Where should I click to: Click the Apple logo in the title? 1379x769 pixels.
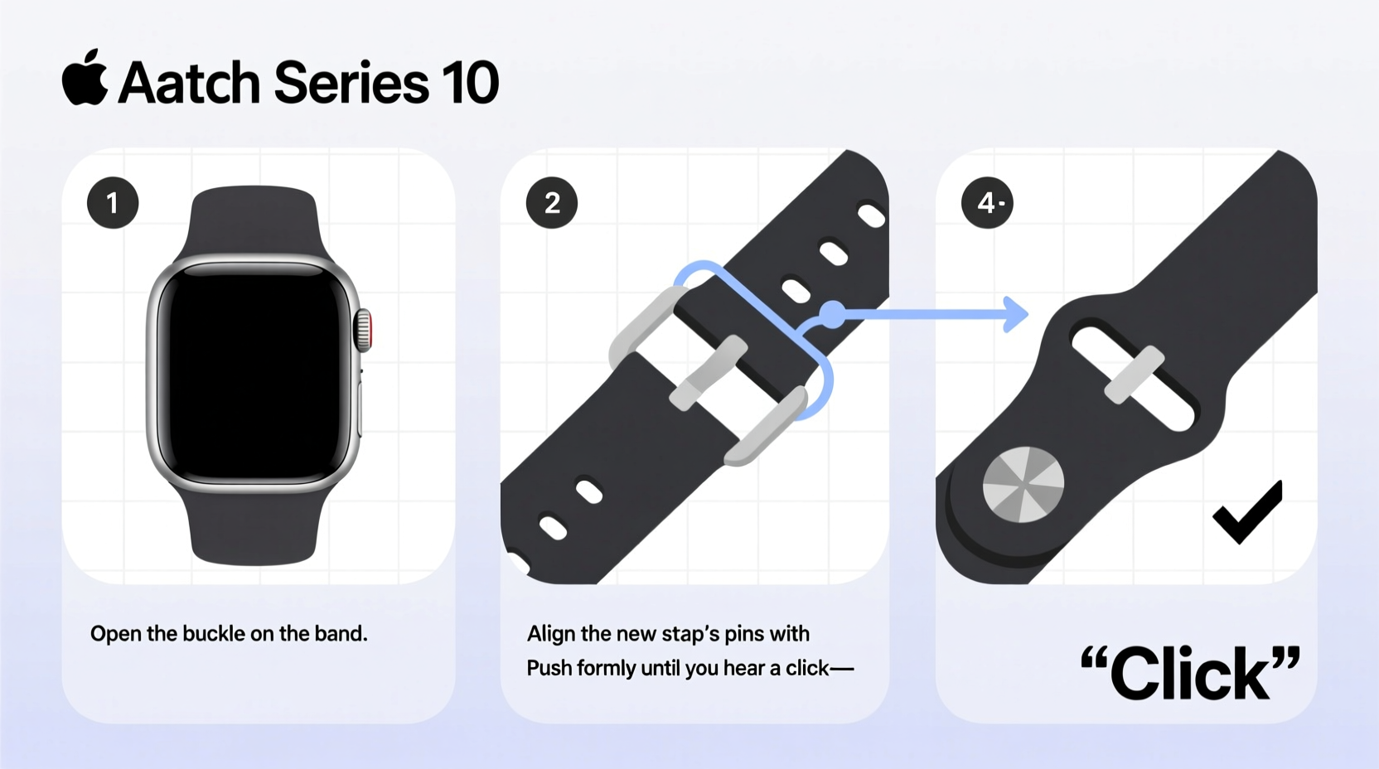(x=85, y=78)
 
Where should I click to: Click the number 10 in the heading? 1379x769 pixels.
(x=470, y=83)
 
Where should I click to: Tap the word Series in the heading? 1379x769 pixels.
(x=351, y=83)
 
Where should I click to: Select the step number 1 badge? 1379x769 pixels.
(x=113, y=203)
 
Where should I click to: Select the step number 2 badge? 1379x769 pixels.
(x=552, y=203)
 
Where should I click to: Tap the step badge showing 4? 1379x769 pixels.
(x=987, y=203)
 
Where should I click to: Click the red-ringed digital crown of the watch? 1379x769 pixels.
(x=364, y=331)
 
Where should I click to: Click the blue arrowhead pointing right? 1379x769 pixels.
(x=1016, y=314)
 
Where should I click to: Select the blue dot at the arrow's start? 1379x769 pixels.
(x=832, y=314)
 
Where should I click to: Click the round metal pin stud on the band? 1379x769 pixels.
(x=1023, y=486)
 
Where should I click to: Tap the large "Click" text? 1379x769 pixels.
(x=1190, y=673)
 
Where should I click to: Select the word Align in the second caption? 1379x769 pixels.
(x=551, y=634)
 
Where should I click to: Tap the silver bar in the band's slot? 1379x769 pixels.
(x=1135, y=375)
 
